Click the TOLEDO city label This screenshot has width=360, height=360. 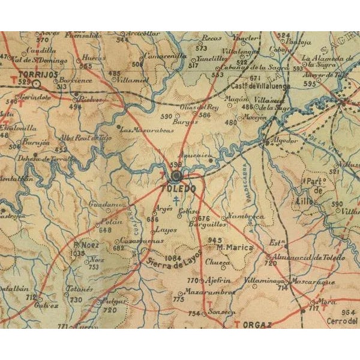tap(178, 188)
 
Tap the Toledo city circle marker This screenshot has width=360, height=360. tap(176, 176)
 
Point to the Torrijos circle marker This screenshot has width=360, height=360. tap(37, 85)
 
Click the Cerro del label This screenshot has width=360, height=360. tap(345, 321)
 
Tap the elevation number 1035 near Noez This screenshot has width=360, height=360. tap(77, 253)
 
